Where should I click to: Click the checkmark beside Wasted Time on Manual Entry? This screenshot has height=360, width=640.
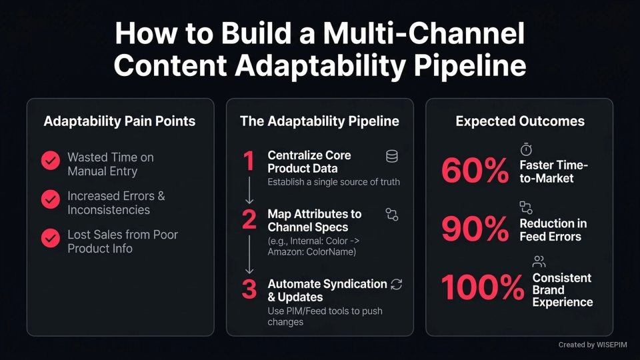tap(50, 161)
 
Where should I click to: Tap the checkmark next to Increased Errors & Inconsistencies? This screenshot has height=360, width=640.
tap(50, 199)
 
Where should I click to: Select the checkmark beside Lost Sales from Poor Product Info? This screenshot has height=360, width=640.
tap(50, 238)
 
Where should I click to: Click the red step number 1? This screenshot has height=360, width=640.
tap(249, 162)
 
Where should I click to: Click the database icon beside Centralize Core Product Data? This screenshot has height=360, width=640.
tap(392, 157)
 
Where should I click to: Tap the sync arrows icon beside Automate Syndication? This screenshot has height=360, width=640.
tap(397, 284)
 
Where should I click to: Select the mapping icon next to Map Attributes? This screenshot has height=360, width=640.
tap(391, 214)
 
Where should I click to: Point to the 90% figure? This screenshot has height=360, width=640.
tap(475, 230)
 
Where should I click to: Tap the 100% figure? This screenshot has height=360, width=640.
tap(483, 289)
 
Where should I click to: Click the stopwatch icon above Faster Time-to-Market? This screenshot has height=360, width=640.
tap(526, 150)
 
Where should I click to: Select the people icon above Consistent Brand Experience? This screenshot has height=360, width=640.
tap(539, 261)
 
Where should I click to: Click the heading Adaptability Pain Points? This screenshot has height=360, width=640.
tap(119, 121)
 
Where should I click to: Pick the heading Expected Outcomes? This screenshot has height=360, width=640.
tap(520, 121)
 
